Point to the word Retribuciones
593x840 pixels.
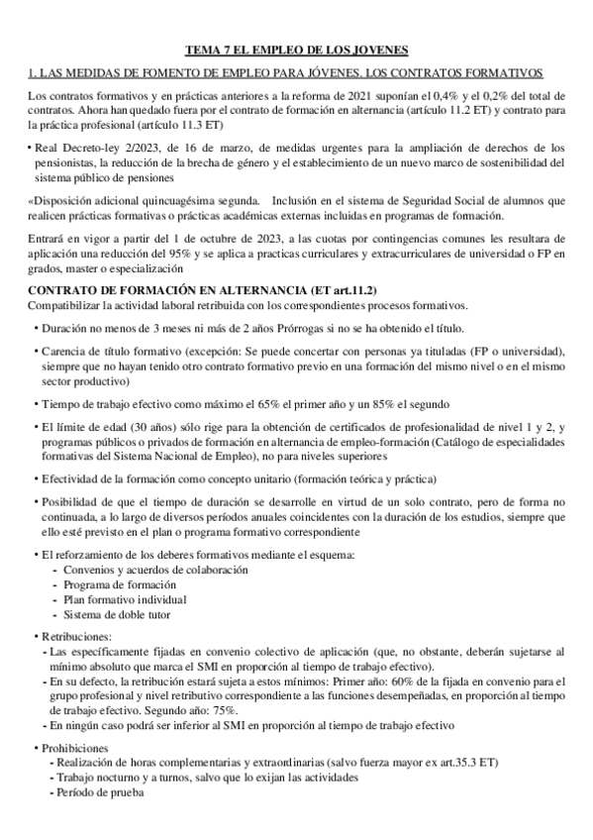(x=77, y=636)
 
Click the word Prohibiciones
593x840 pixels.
(x=77, y=747)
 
